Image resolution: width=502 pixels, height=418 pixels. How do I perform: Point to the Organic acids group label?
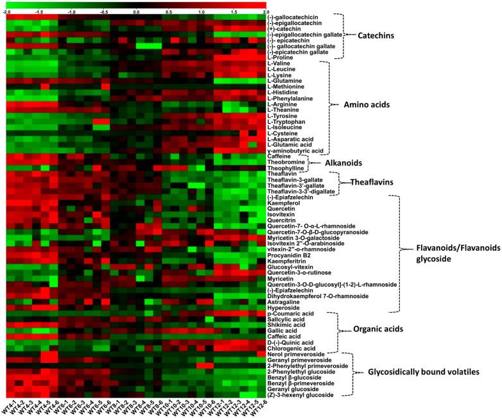[x=377, y=330]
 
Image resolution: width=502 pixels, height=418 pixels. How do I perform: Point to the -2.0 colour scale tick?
[x=7, y=12]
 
